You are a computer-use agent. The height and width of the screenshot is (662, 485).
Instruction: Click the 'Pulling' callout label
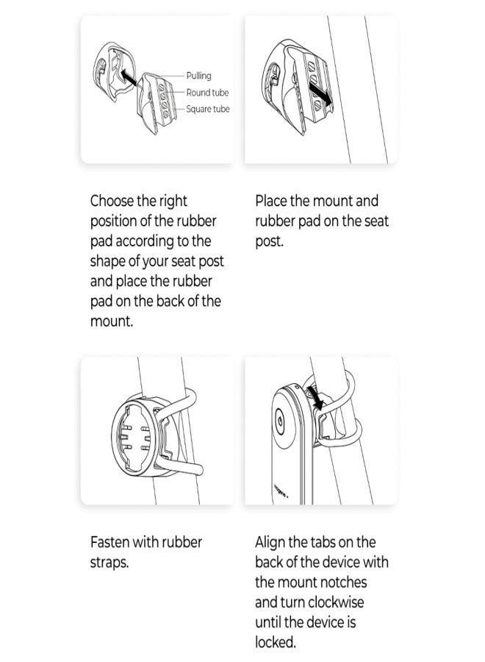pos(198,76)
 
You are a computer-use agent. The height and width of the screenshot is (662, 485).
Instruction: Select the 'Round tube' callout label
pos(207,93)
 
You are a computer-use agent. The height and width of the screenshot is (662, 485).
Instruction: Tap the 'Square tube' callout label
pos(208,109)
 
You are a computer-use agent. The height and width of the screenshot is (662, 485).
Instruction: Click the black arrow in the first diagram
pos(128,78)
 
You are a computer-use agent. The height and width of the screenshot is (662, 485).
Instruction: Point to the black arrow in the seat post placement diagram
pos(320,93)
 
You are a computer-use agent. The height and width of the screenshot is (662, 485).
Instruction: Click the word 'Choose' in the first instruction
pos(112,201)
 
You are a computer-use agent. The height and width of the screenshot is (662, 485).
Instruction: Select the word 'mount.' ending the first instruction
pos(112,321)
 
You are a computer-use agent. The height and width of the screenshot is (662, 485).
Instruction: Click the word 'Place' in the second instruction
pos(270,201)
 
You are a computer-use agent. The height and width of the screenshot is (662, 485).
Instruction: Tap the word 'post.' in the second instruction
pos(269,242)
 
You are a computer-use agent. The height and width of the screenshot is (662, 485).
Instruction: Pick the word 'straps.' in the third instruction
pos(109,563)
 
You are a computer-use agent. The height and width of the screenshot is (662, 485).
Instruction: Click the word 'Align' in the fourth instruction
pos(269,542)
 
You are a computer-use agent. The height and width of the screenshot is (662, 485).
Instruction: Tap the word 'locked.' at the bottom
pos(276,642)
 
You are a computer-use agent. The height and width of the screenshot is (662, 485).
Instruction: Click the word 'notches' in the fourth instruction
pos(343,583)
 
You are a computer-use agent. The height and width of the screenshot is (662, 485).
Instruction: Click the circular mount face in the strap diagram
pos(134,437)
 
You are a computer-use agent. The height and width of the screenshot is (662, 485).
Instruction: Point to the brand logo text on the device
pos(281,490)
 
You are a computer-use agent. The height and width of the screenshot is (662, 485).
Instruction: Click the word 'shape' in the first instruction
pos(107,261)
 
